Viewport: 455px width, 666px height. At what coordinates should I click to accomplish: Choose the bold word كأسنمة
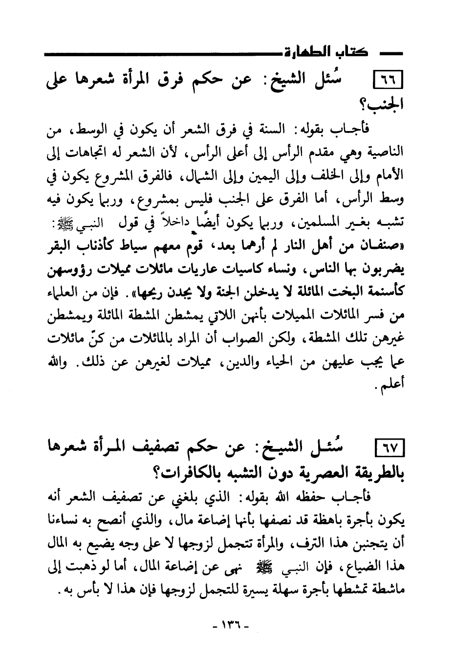click(x=385, y=292)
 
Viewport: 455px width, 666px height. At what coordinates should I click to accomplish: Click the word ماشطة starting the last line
click(x=386, y=590)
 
